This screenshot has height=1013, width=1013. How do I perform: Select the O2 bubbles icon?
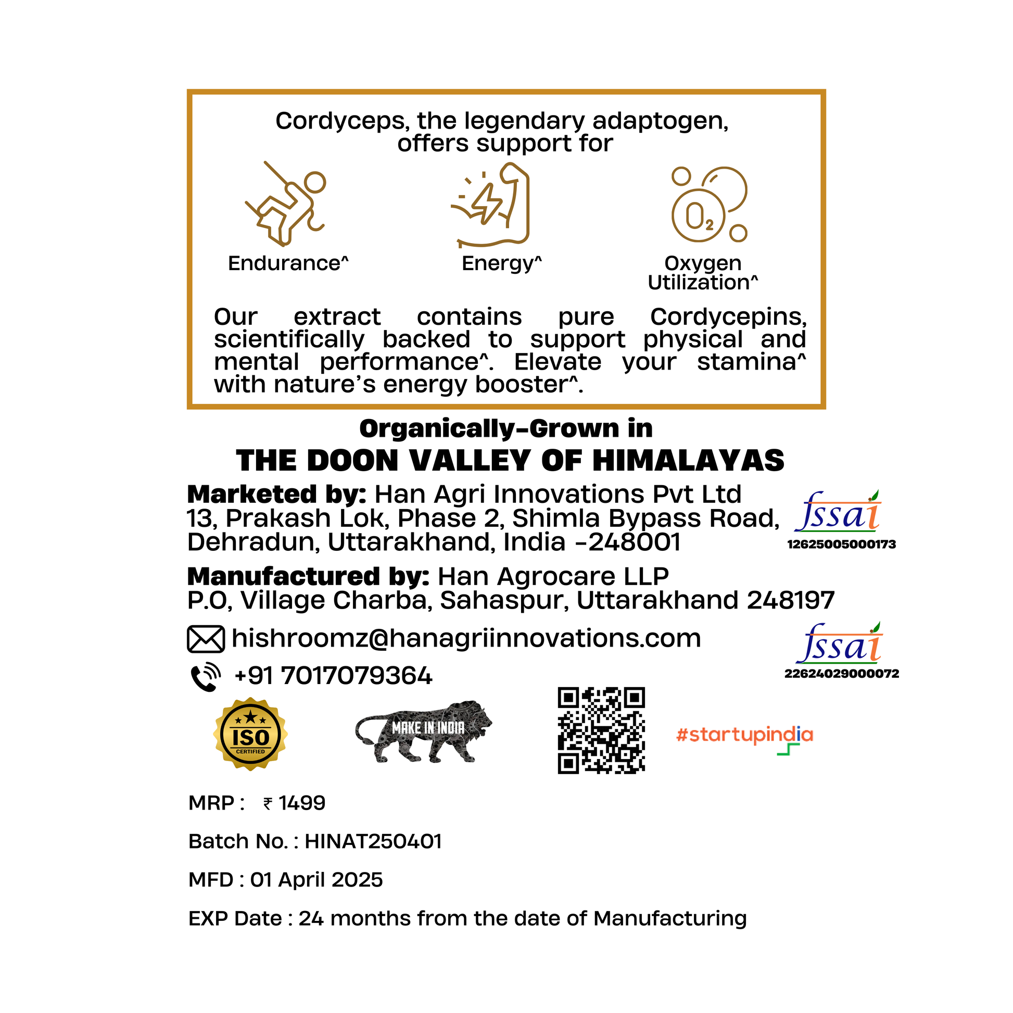[709, 205]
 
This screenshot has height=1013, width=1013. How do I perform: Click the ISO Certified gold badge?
[250, 734]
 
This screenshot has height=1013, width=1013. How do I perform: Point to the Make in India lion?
[424, 732]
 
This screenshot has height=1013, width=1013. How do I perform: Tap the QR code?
[601, 730]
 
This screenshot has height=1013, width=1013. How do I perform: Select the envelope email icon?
[206, 639]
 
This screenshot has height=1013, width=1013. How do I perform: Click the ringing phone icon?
[206, 676]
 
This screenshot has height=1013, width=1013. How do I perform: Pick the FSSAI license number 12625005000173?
[841, 545]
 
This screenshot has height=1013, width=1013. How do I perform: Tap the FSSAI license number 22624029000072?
[841, 674]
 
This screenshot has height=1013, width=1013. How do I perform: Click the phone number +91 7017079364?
[334, 676]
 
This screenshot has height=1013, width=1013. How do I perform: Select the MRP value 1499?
[301, 803]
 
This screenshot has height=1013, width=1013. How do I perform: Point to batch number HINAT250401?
[373, 842]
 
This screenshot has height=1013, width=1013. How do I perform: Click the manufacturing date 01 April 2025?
[316, 880]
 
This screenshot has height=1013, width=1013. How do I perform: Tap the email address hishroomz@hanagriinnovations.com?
[465, 638]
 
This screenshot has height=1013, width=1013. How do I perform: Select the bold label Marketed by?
[276, 495]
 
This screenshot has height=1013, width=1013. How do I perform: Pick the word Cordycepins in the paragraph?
[728, 316]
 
